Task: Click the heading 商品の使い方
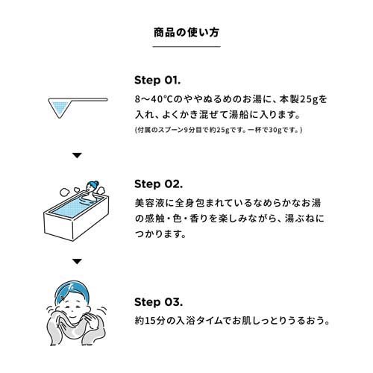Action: click(x=186, y=33)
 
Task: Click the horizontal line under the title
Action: click(x=186, y=46)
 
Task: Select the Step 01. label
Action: click(x=157, y=81)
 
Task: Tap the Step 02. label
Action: click(x=158, y=184)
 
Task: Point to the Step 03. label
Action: click(x=158, y=302)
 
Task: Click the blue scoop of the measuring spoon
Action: click(x=60, y=107)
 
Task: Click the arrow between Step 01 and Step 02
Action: click(x=77, y=155)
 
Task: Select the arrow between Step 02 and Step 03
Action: click(x=77, y=262)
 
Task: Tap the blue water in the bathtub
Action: click(x=72, y=207)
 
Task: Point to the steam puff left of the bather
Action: click(x=66, y=192)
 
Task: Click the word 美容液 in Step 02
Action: click(x=148, y=203)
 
